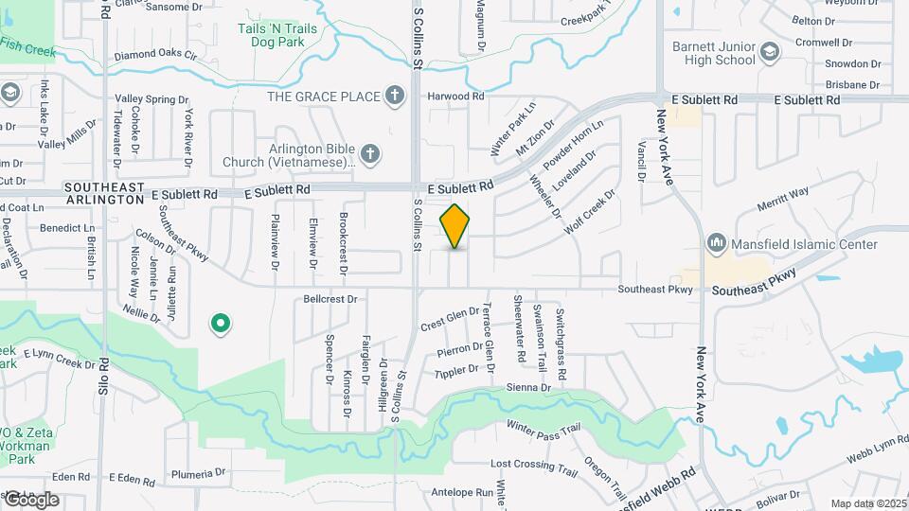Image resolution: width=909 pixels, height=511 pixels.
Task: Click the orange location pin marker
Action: click(455, 226)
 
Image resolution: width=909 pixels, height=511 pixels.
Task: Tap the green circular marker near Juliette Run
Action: click(221, 325)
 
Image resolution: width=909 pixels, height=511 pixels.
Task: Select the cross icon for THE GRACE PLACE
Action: click(396, 96)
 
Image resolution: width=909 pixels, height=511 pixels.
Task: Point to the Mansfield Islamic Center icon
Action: click(717, 244)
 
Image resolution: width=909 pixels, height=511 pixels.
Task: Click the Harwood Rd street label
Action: click(455, 96)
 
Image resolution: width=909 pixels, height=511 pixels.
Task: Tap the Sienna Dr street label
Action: click(530, 387)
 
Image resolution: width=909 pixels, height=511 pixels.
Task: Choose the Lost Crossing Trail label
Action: click(533, 466)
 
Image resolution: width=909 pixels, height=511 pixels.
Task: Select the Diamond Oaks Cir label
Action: click(155, 56)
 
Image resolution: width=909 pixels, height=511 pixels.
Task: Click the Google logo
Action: click(31, 499)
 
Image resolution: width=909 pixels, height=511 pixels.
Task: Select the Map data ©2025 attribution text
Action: click(867, 503)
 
